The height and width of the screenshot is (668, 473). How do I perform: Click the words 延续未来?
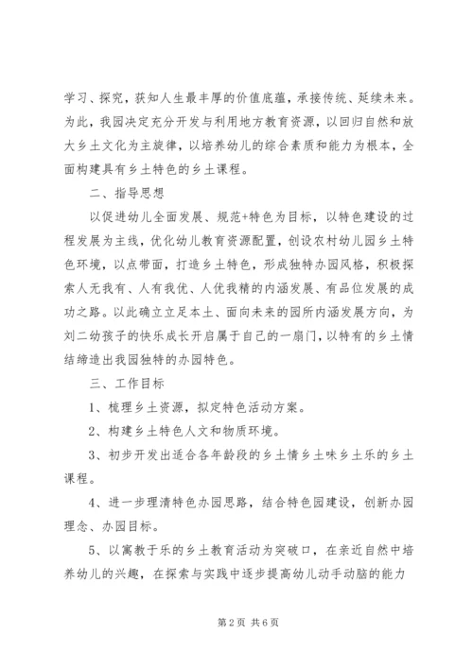coord(393,97)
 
